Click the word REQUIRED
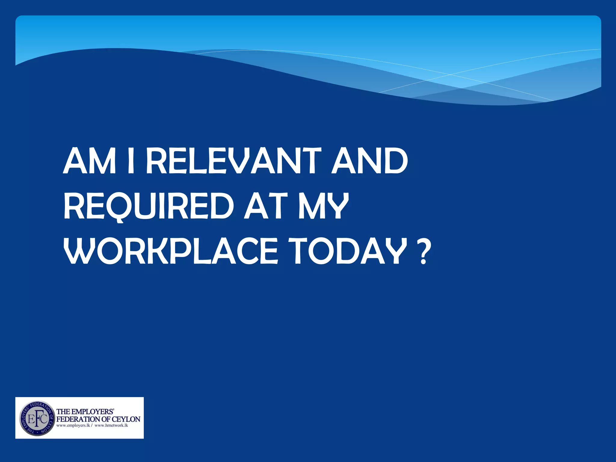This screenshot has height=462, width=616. pyautogui.click(x=149, y=207)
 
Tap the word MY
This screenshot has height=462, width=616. pyautogui.click(x=323, y=207)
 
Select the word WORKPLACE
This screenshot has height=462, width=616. pyautogui.click(x=170, y=251)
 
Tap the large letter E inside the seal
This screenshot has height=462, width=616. pyautogui.click(x=30, y=419)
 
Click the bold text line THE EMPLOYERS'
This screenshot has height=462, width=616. pyautogui.click(x=85, y=411)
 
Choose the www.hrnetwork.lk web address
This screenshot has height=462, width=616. pyautogui.click(x=111, y=426)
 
